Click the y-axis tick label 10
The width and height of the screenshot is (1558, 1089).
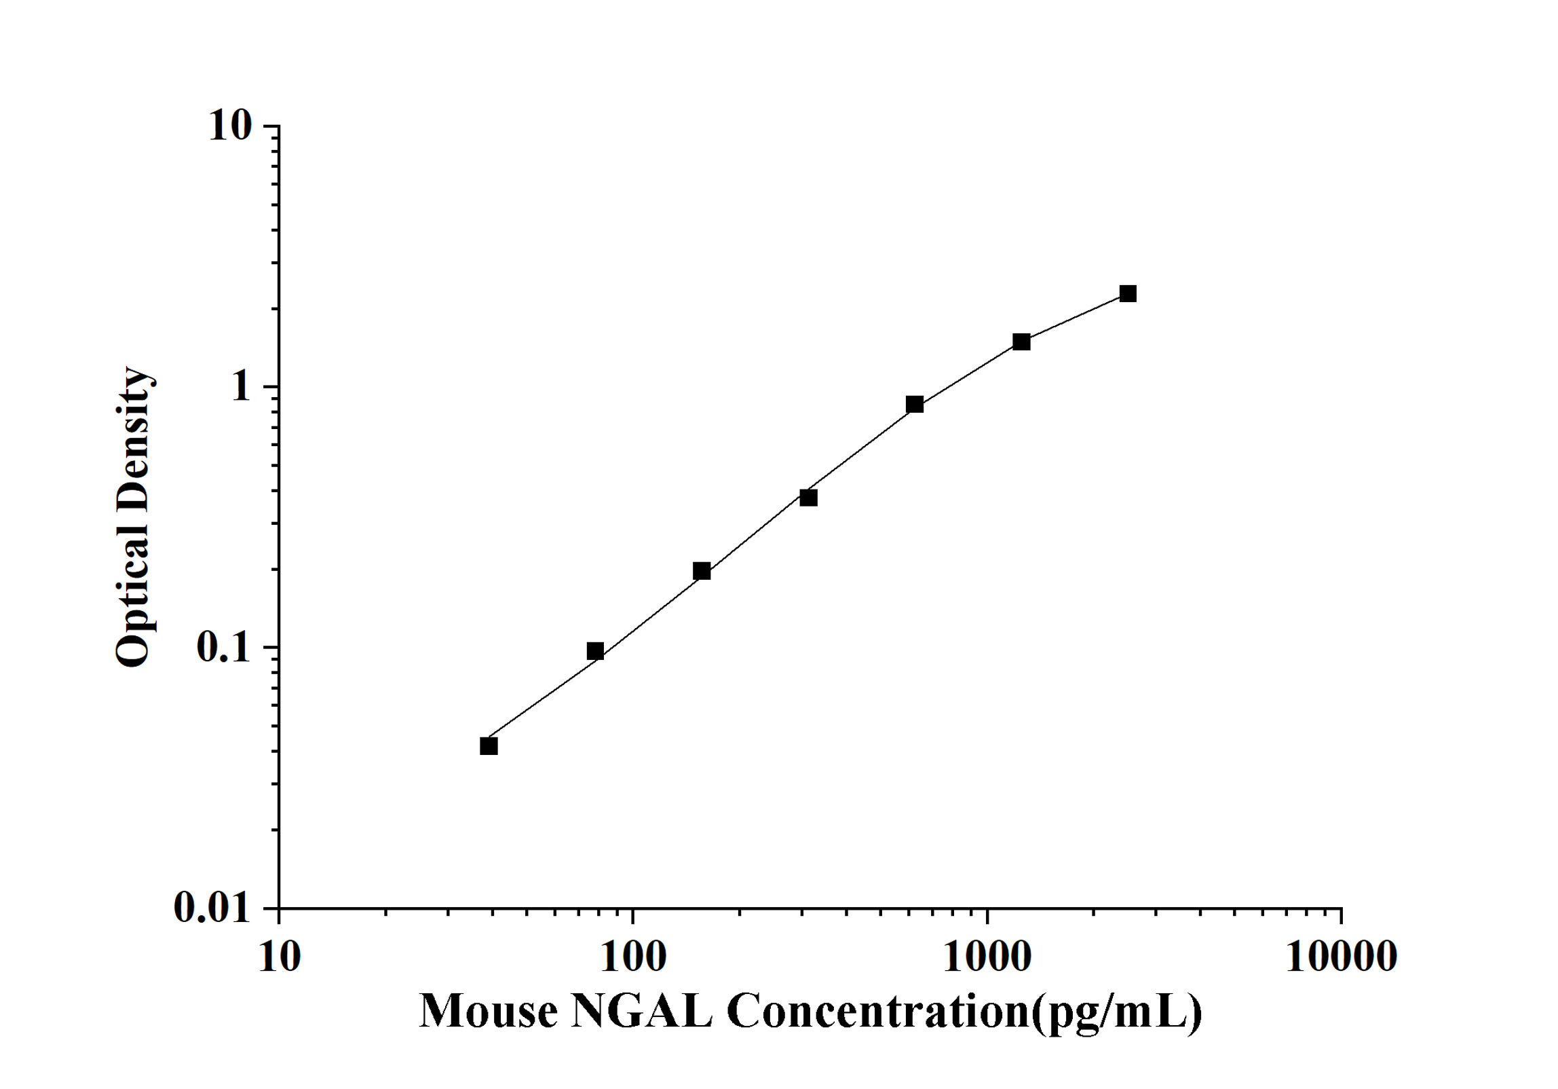click(x=229, y=126)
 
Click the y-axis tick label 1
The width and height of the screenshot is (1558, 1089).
click(x=241, y=387)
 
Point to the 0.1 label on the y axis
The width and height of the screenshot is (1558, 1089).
click(x=223, y=648)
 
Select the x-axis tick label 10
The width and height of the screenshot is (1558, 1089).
click(x=279, y=958)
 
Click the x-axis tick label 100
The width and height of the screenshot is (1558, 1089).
click(x=633, y=958)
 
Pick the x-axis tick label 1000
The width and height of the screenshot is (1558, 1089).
click(x=987, y=958)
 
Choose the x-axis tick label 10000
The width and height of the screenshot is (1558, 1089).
click(x=1341, y=958)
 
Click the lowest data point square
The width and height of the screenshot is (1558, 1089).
click(x=489, y=746)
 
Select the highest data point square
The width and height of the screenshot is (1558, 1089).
click(x=1128, y=294)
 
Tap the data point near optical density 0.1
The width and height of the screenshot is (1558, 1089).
click(x=595, y=651)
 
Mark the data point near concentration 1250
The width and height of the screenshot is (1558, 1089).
click(x=1021, y=342)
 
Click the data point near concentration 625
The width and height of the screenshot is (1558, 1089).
click(x=915, y=405)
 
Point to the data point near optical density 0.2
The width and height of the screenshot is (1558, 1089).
click(x=702, y=571)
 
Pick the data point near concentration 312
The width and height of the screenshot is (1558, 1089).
click(x=808, y=498)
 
